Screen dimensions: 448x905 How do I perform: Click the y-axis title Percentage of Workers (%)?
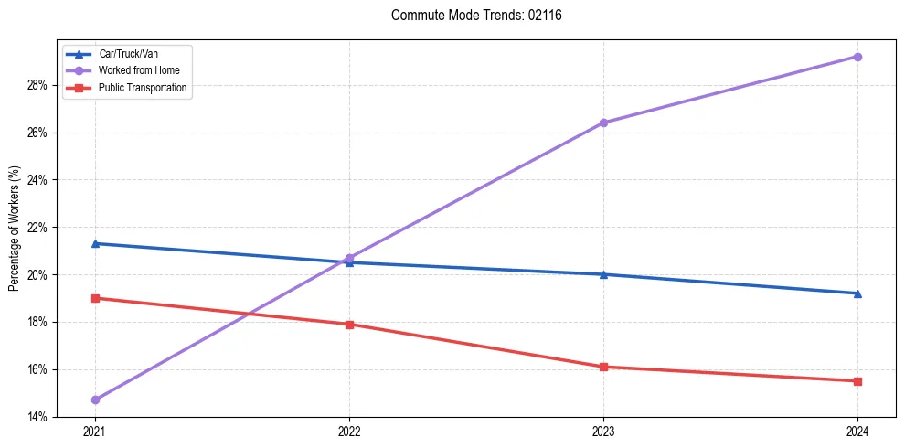pos(15,229)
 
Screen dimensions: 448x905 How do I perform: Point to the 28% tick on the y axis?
pos(37,85)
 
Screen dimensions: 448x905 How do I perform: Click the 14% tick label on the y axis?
pos(37,417)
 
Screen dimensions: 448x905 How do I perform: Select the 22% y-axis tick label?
pos(37,228)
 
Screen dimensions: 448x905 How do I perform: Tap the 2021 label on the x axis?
pos(95,432)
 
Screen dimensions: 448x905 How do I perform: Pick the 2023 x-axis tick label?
pos(603,432)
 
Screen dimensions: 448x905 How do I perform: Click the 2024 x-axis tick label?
pos(857,432)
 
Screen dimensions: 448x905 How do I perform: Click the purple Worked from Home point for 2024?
pos(857,57)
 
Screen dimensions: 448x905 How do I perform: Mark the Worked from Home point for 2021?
pos(95,400)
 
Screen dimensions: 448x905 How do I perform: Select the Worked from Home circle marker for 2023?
pos(603,123)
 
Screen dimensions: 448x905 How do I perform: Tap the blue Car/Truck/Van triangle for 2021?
pos(95,243)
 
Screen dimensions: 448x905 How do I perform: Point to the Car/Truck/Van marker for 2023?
pos(603,274)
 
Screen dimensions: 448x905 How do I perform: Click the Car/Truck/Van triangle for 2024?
pos(857,293)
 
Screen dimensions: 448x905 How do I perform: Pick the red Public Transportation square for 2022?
pos(349,325)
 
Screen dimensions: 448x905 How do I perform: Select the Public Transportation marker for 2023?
pos(603,367)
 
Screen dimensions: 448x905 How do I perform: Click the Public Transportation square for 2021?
pos(95,298)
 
